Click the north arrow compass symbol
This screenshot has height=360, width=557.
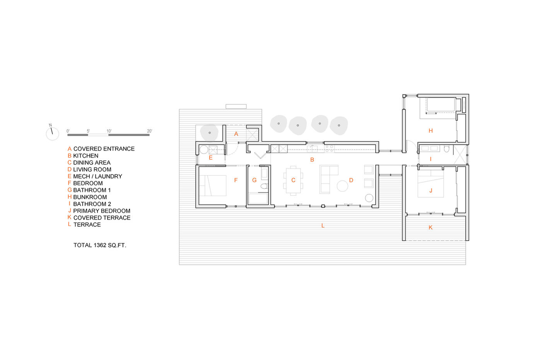[x=53, y=133]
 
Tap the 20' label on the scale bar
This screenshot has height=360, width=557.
[x=149, y=131]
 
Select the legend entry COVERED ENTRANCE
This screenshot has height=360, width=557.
[x=104, y=148]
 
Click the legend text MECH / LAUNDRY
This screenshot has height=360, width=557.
[x=98, y=176]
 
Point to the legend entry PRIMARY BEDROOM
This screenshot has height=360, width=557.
[x=102, y=211]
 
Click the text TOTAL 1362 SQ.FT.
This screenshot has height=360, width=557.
[x=100, y=245]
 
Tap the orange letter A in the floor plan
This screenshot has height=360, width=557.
[x=236, y=134]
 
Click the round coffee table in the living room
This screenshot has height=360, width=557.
[x=342, y=186]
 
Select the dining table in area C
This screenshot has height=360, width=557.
[x=294, y=181]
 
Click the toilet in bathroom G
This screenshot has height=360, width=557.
[x=264, y=186]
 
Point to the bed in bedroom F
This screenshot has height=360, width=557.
[x=213, y=186]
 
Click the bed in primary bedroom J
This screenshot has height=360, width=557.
[x=431, y=184]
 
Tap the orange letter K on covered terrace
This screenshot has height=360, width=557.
[x=431, y=227]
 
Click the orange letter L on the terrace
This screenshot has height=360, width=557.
[x=323, y=225]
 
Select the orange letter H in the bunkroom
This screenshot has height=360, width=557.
[x=431, y=131]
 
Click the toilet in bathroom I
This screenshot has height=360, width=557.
[x=447, y=149]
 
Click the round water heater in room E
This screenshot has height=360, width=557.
[x=204, y=150]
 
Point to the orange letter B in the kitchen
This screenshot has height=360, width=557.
[x=312, y=160]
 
